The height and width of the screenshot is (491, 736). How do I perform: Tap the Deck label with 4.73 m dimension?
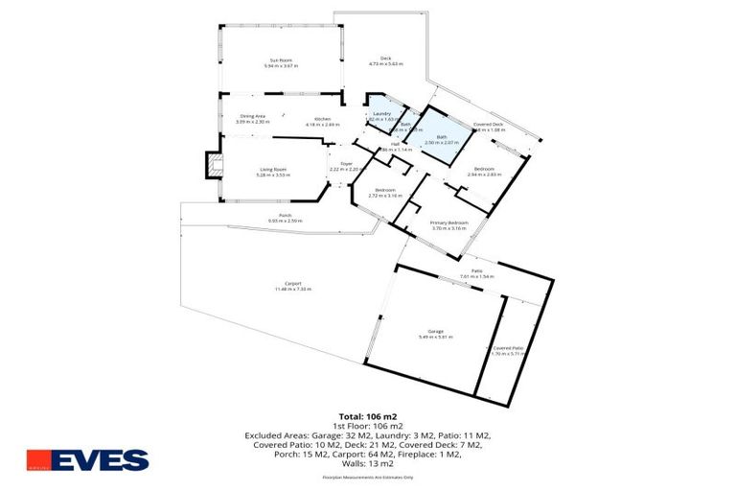click(x=386, y=60)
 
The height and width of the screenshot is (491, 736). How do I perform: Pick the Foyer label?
click(x=347, y=166)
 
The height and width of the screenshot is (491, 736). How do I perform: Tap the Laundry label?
click(x=381, y=114)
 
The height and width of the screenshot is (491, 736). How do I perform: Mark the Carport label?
click(x=294, y=285)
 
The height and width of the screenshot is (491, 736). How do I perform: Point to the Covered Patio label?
click(x=508, y=350)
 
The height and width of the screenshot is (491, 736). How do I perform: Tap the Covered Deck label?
click(x=488, y=126)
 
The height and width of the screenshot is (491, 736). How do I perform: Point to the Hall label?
click(x=395, y=145)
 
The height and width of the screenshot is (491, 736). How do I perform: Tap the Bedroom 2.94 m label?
click(x=484, y=172)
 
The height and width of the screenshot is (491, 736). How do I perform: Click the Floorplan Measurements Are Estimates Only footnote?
click(x=367, y=477)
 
